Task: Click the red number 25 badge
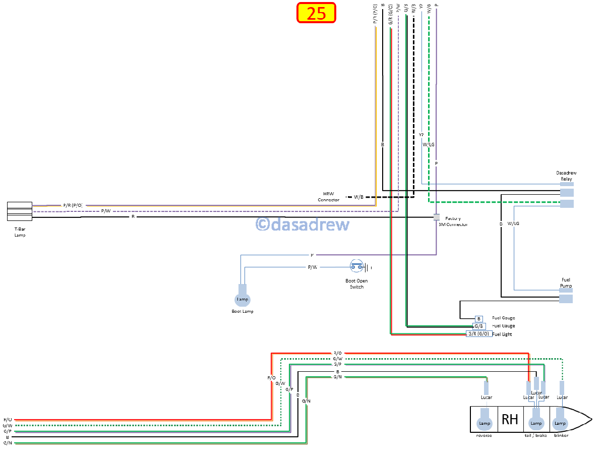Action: [316, 13]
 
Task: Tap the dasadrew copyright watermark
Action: [303, 224]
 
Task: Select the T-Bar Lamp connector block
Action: [20, 211]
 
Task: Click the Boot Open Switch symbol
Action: [357, 266]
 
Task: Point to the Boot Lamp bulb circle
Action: [243, 300]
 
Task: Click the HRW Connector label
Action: [328, 197]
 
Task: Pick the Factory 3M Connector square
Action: [437, 217]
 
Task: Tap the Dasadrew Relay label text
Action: [566, 176]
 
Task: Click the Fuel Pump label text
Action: [566, 283]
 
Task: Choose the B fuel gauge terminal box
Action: [479, 318]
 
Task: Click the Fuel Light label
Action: [502, 334]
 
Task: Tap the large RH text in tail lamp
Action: [510, 419]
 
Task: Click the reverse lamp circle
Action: [485, 423]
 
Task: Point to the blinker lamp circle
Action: [561, 423]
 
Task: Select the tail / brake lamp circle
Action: [536, 423]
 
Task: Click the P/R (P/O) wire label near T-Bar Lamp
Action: [72, 205]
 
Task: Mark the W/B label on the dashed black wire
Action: [358, 197]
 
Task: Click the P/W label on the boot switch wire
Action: [313, 267]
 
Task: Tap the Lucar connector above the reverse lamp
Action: [486, 388]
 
